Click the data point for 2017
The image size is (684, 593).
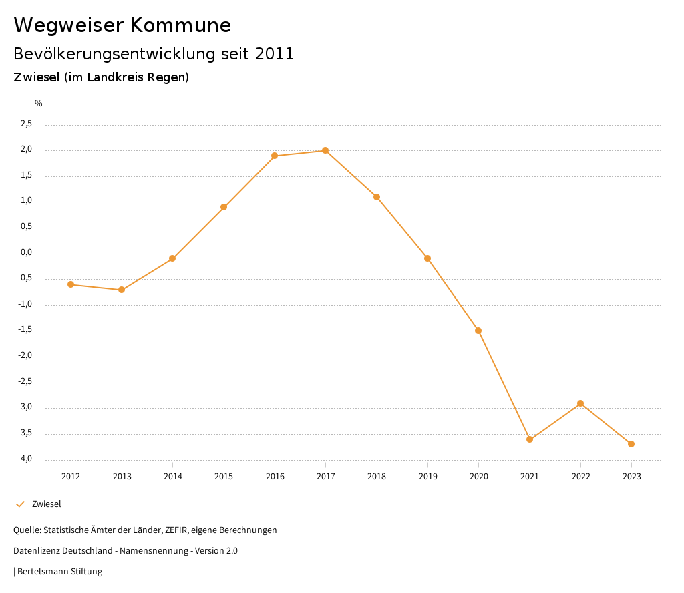pos(325,150)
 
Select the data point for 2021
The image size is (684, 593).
pos(530,439)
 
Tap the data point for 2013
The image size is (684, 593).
pos(122,290)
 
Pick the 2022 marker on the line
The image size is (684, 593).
pos(580,403)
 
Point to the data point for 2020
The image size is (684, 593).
pos(478,331)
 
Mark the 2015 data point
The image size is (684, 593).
pos(224,207)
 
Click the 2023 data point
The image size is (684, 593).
pos(631,444)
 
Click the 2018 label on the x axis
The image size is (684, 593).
pos(377,477)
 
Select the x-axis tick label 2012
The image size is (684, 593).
pos(71,477)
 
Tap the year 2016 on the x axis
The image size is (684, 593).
pos(275,477)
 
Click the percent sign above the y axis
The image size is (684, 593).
pos(39,104)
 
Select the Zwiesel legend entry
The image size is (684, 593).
pos(46,504)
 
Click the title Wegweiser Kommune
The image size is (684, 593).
pos(122,25)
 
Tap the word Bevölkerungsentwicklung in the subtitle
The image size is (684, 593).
pos(114,54)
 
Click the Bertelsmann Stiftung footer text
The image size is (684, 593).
pos(59,572)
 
